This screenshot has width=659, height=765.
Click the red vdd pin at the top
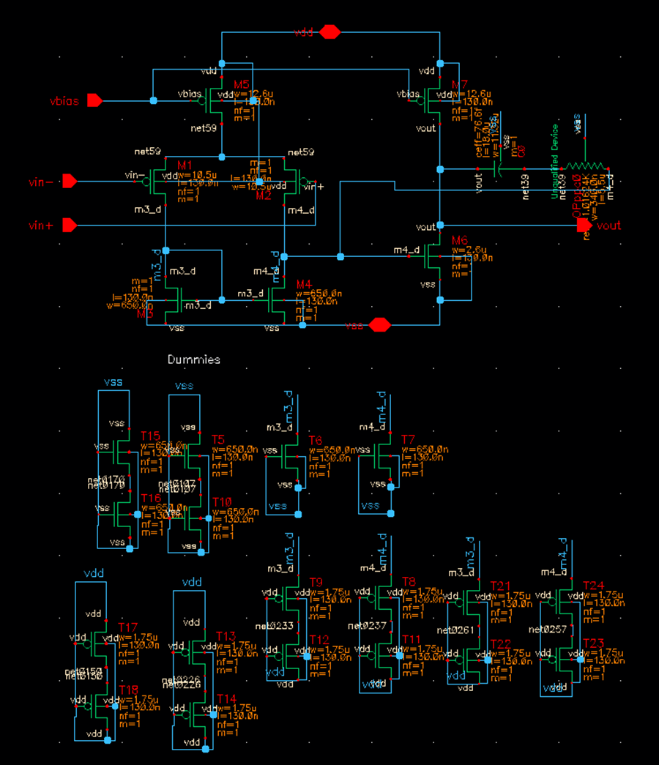pos(330,31)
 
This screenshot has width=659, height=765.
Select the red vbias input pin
pos(94,100)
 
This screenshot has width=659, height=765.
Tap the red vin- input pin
pos(70,180)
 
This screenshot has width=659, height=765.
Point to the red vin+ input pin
pos(70,225)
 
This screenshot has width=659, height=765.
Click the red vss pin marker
pos(379,324)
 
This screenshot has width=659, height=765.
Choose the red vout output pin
pos(584,225)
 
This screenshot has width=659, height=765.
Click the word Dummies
pos(193,359)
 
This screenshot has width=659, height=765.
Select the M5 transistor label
pos(242,85)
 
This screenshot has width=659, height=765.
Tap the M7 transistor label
pos(460,86)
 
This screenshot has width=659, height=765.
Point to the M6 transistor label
pos(459,241)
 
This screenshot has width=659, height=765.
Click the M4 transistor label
pos(304,284)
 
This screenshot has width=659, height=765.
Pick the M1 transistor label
pos(185,165)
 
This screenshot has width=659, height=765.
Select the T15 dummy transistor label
pos(150,436)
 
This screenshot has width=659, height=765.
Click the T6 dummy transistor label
pos(316,440)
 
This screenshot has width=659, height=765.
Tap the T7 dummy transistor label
pos(408,439)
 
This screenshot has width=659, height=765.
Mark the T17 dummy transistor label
pos(128,627)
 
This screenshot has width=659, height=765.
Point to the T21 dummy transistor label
pos(500,586)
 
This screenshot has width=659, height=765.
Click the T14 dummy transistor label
pos(226,698)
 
